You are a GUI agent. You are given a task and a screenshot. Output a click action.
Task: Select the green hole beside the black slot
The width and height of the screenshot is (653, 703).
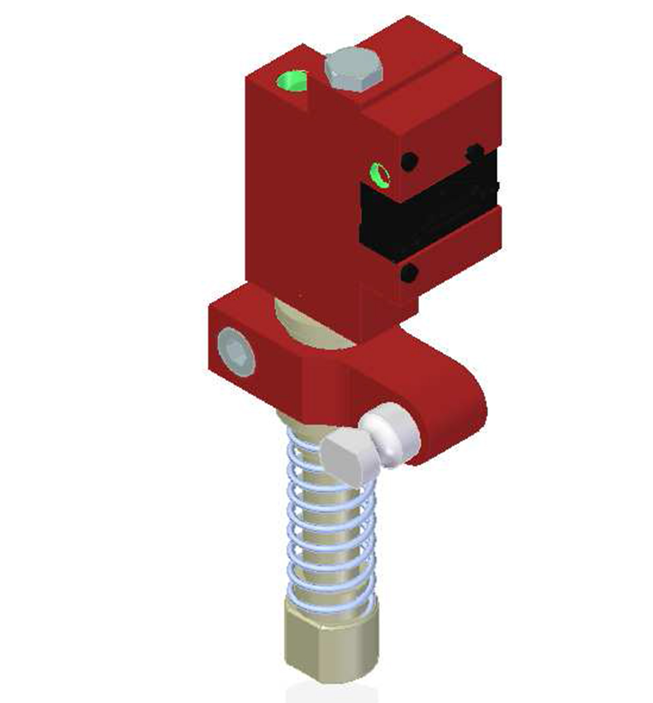379,175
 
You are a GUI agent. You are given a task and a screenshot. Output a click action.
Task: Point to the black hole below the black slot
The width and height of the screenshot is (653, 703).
409,273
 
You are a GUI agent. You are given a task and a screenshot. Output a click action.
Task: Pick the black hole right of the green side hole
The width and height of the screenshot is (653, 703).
409,161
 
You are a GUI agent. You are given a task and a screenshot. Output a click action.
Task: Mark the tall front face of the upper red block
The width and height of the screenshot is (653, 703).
300,196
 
